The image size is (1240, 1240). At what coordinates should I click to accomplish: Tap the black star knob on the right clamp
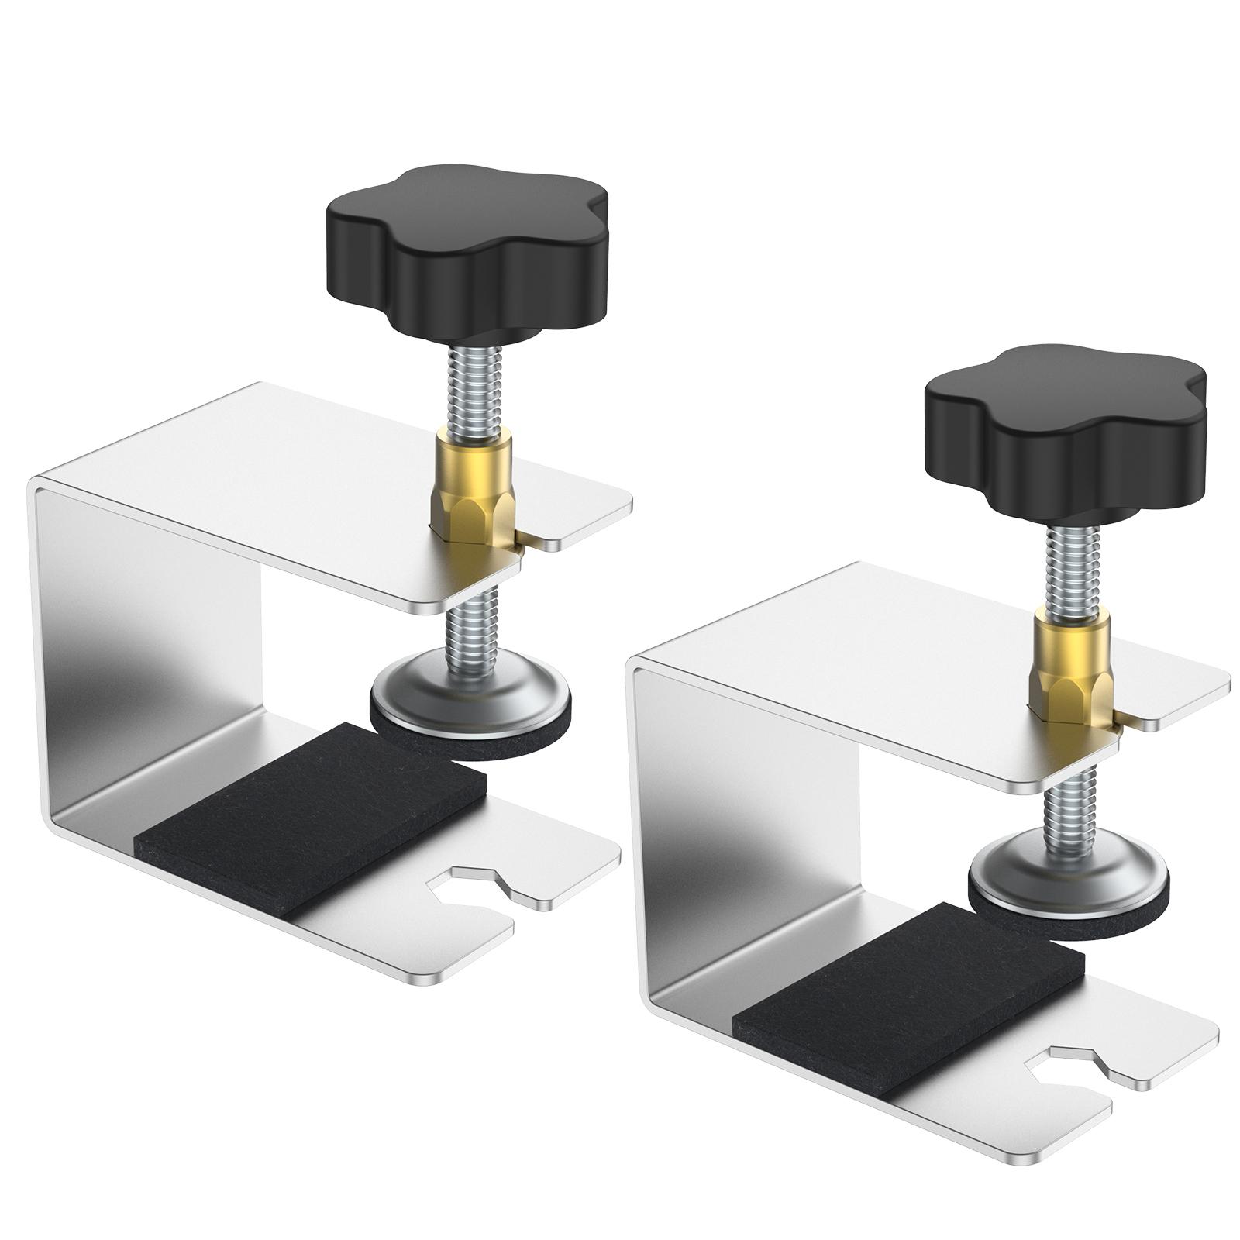tap(1066, 430)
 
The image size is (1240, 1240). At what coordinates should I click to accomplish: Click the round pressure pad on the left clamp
tap(470, 701)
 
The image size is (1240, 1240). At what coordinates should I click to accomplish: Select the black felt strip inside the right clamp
tap(907, 1000)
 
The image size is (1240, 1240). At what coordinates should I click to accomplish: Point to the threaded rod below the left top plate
tap(470, 628)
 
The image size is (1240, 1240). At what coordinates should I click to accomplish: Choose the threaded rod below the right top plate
tap(1069, 806)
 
